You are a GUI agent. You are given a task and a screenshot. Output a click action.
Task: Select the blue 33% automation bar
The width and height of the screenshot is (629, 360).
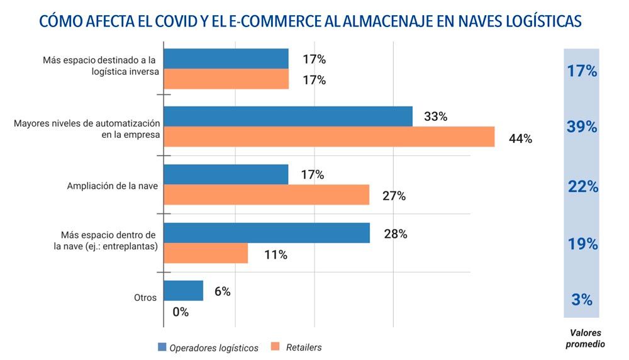pos(288,116)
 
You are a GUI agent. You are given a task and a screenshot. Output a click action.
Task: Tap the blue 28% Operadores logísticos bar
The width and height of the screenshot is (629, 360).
pos(267,233)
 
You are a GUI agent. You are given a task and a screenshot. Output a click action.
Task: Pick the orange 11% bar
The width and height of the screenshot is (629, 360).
pos(206,253)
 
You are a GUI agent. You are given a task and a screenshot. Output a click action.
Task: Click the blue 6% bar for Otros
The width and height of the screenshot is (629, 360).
pos(184,291)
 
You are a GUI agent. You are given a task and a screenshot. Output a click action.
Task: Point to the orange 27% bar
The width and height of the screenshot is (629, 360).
pos(266,194)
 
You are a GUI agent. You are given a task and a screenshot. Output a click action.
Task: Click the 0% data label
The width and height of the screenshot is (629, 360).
pos(181,312)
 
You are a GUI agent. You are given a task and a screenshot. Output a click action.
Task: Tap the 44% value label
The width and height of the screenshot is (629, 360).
pos(520,139)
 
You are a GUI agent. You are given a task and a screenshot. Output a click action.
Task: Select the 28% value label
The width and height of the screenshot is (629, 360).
pos(396,234)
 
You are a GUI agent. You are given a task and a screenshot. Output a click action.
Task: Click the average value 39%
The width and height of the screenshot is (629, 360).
pos(582,127)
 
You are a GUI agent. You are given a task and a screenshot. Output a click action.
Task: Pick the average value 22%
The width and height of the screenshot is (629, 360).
pos(582,186)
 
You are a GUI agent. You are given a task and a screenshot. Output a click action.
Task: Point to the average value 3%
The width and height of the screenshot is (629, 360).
pos(582,300)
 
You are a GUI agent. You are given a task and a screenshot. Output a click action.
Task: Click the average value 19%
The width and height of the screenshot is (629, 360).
pos(582,244)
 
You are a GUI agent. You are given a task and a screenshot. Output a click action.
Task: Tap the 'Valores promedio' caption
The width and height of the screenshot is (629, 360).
pos(585,339)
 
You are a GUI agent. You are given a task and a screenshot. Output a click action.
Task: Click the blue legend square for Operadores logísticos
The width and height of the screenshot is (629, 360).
pos(162,347)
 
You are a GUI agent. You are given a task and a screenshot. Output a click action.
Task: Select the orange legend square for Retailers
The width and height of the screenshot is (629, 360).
pos(275,347)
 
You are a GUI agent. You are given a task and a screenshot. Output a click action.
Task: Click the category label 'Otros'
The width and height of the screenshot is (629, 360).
pos(145,298)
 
